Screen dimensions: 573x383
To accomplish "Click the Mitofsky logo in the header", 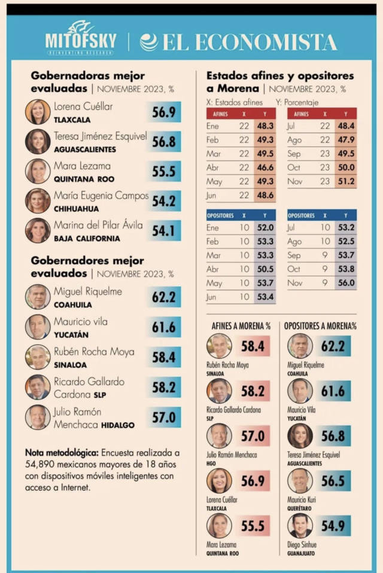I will click(x=80, y=39).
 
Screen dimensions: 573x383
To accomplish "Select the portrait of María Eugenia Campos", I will click(x=38, y=200).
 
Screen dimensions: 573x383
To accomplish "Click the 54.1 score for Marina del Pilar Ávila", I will click(x=163, y=230).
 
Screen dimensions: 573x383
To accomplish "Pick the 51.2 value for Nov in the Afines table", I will click(x=346, y=182).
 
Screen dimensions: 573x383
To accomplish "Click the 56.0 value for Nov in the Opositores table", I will click(x=346, y=283).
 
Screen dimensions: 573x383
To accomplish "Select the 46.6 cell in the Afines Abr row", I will click(x=265, y=167).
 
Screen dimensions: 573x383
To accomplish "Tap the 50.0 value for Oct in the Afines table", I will click(x=346, y=168).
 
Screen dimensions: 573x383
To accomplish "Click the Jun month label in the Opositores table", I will click(x=212, y=297).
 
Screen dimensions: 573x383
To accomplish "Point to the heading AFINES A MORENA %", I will click(x=241, y=326).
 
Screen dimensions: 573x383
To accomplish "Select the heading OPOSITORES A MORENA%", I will click(x=320, y=326).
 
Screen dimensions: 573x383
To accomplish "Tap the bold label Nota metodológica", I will click(x=62, y=453).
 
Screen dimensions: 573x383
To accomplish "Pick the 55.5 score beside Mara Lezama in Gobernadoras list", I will click(x=163, y=171).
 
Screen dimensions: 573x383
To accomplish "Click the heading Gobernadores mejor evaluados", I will click(x=87, y=267).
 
